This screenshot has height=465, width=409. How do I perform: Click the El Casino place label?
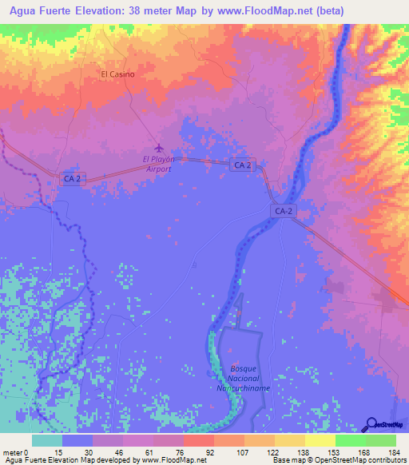click(x=117, y=74)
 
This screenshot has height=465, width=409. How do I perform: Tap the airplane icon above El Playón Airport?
click(x=158, y=149)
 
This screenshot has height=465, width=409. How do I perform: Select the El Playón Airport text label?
click(x=157, y=164)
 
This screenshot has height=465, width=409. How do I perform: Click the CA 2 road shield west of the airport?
click(x=73, y=180)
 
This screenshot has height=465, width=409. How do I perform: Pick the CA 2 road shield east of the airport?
click(x=243, y=165)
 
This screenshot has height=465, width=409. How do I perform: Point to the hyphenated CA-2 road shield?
click(x=283, y=210)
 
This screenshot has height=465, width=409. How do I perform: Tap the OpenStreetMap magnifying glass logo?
click(x=373, y=423)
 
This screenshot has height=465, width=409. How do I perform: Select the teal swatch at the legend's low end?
click(x=47, y=440)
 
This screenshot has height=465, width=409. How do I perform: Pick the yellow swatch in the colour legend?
click(x=320, y=440)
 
